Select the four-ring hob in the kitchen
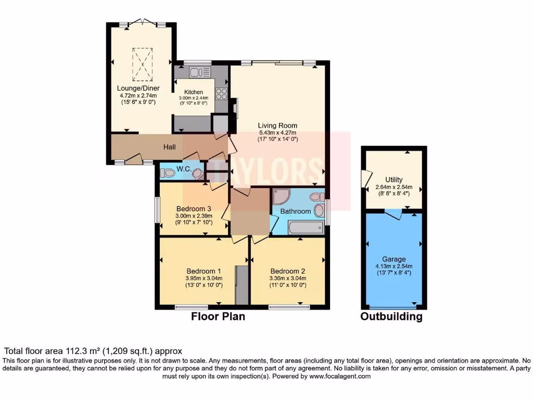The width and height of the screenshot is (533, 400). [x=221, y=94]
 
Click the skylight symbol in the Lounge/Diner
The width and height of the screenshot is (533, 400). [x=142, y=64]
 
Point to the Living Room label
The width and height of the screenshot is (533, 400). [x=277, y=126]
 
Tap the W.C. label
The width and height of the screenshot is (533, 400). [x=184, y=169]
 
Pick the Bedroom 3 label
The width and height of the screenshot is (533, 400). [x=194, y=209]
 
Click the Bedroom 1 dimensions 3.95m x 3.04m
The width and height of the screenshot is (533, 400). [x=204, y=278]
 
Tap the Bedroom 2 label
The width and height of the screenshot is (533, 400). [x=288, y=271]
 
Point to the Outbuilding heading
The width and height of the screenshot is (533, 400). [x=391, y=316]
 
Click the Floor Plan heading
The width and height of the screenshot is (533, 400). [x=218, y=316]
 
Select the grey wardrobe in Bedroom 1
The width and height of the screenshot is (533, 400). [x=242, y=285]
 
